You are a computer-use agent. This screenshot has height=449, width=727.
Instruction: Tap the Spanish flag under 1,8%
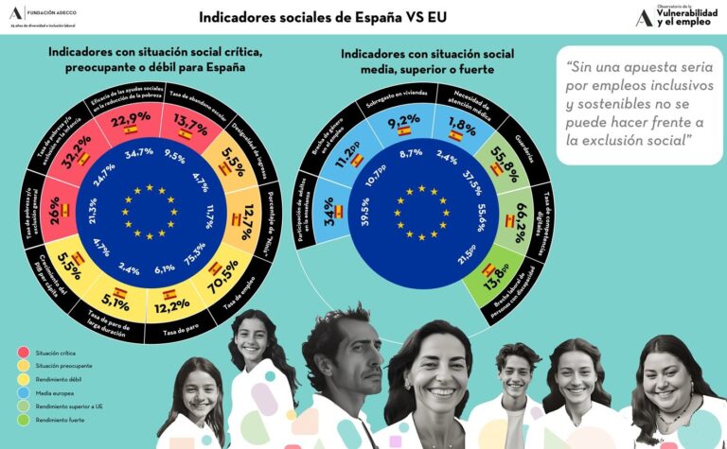click(455, 135)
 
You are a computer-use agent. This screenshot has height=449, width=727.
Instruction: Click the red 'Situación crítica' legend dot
click(22, 352)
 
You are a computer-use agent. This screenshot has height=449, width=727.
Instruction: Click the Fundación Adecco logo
click(44, 17)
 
